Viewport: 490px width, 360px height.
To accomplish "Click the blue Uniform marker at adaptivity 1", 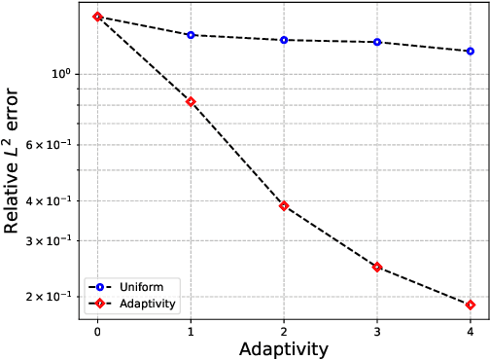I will point(191,35).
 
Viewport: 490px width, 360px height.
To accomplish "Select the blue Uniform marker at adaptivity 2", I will point(284,40).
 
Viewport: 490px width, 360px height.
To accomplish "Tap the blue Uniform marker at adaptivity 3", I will point(377,42).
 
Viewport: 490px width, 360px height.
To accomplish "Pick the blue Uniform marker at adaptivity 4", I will point(471,51).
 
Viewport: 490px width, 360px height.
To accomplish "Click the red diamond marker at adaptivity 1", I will point(191,101).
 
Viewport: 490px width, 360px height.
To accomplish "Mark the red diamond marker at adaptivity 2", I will point(284,206).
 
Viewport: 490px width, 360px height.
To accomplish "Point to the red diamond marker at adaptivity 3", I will point(377,267).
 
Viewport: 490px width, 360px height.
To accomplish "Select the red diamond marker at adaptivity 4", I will point(471,305).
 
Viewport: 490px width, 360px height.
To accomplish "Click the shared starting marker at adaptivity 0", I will point(97,17).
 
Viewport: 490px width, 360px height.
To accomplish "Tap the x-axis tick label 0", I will point(97,332).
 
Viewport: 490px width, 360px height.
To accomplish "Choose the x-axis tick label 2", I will point(284,332).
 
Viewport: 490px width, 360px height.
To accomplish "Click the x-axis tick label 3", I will point(377,332).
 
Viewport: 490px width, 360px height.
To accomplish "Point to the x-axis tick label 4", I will point(471,332).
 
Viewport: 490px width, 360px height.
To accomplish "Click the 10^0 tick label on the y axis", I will point(60,74).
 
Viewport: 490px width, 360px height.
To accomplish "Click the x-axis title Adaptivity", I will point(284,348).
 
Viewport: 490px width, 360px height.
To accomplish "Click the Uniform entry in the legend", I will point(140,287).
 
